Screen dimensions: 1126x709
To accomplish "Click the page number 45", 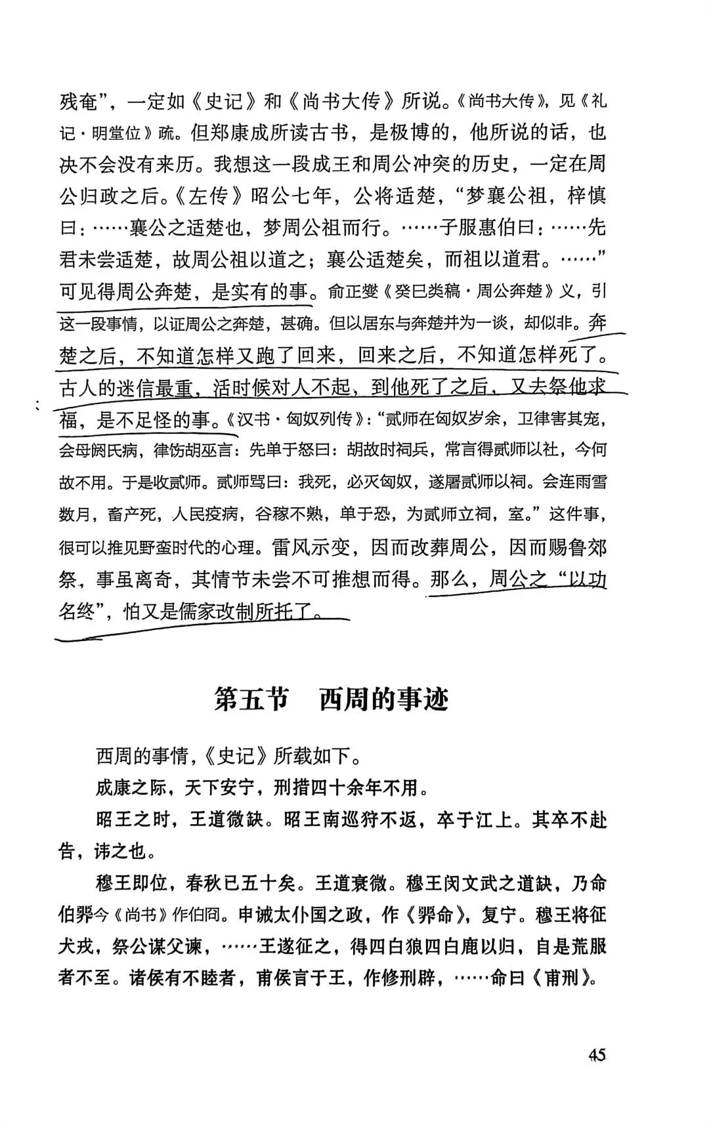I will tap(596, 1056).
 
